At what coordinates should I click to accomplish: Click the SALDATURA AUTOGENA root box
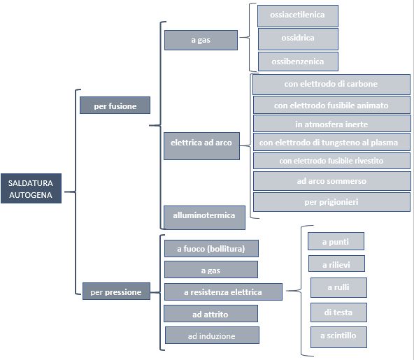31,189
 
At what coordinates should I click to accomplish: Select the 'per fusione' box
115,106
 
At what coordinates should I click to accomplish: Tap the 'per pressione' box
116,291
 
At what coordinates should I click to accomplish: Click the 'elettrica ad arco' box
201,146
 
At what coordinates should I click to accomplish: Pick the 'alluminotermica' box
204,217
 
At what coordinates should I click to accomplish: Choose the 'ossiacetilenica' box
298,16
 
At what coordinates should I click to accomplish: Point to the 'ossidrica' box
298,39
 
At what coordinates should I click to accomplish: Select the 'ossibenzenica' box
298,62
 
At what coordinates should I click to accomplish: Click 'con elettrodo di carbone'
331,85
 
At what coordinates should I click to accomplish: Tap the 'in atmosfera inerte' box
332,123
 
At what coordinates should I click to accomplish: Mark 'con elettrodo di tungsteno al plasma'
331,142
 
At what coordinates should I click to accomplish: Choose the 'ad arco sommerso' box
332,181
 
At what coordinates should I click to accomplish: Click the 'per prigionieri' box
332,202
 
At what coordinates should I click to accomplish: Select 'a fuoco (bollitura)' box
211,248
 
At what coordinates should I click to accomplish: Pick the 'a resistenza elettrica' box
223,292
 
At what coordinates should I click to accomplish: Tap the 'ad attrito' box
210,314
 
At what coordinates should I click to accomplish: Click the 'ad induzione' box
212,336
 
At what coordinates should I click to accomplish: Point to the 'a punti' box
336,241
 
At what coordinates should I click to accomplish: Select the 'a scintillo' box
338,338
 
